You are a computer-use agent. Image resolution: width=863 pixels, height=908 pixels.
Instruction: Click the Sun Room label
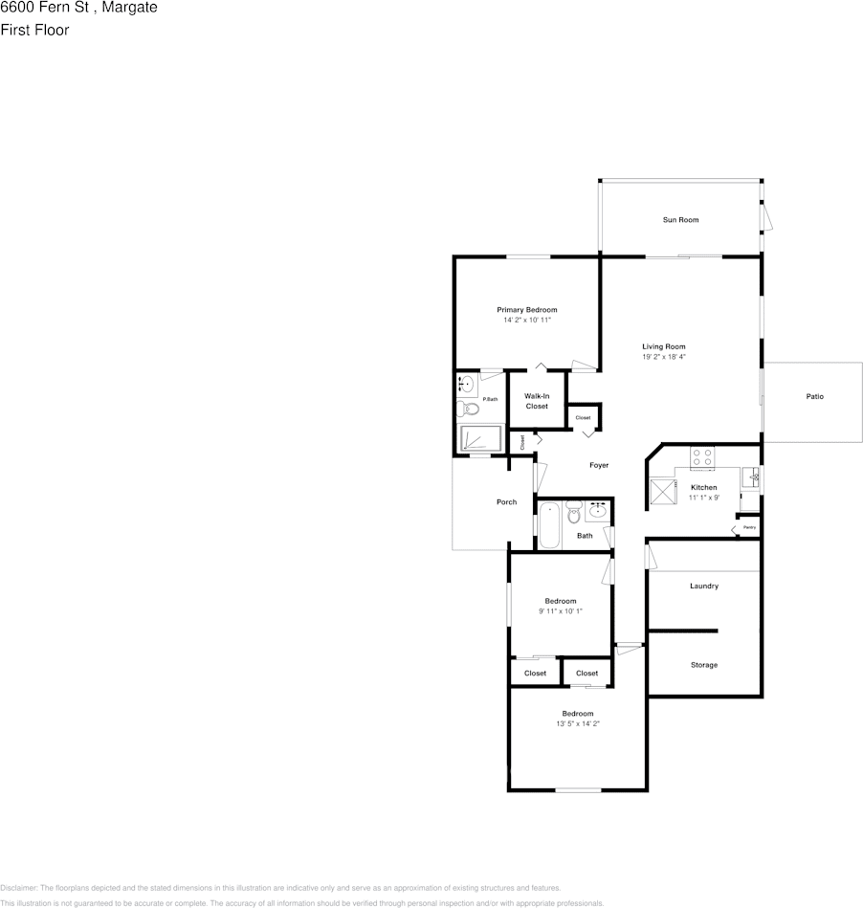point(680,220)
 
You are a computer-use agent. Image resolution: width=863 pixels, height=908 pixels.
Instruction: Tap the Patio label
point(814,396)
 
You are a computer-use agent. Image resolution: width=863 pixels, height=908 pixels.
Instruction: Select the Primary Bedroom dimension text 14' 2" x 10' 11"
point(526,321)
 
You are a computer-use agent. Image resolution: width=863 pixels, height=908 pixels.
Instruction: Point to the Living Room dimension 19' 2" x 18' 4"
point(664,357)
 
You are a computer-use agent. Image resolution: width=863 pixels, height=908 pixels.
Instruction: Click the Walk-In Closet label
point(536,401)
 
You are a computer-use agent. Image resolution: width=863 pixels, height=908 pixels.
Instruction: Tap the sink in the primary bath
point(467,385)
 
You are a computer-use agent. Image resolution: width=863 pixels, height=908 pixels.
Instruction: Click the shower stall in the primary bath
point(480,438)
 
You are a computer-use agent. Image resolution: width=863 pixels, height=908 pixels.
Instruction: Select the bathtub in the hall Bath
point(549,525)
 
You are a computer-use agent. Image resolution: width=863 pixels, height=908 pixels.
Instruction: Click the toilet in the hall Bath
point(574,515)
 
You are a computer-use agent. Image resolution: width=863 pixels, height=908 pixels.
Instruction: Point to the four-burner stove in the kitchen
point(702,457)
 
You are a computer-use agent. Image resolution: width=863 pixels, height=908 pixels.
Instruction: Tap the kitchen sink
point(753,476)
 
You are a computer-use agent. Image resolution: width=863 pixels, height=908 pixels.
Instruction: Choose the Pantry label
point(749,527)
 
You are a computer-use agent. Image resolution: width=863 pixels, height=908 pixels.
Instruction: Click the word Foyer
point(599,466)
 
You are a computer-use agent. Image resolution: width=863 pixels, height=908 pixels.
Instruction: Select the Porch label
point(506,502)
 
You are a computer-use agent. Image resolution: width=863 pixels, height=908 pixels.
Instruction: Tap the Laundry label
point(703,586)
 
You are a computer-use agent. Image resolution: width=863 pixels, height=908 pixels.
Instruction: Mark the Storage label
point(704,665)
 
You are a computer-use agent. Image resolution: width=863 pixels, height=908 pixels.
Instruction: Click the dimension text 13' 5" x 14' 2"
point(577,724)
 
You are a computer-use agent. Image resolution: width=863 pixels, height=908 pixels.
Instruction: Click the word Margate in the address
point(135,8)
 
